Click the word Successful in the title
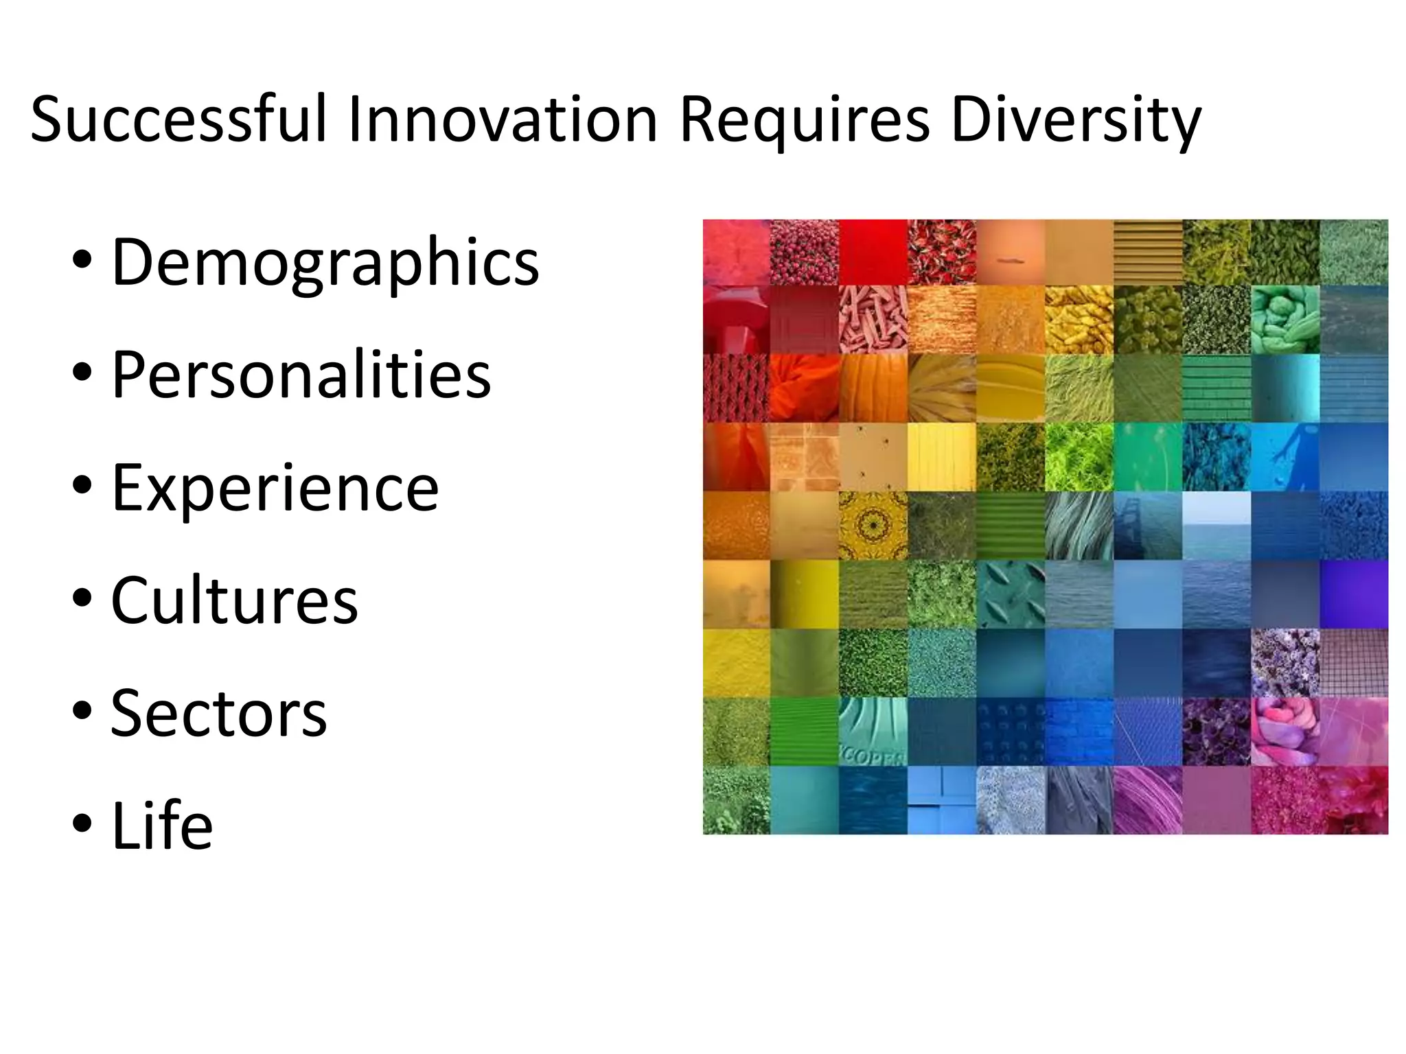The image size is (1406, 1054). pos(178,120)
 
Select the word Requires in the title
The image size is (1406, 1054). pos(804,120)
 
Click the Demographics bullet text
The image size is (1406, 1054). pos(325,263)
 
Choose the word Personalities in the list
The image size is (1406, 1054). pos(301,375)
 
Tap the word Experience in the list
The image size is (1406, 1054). pos(275,488)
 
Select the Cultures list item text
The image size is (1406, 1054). pos(234,600)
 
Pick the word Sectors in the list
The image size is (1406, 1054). pos(218,714)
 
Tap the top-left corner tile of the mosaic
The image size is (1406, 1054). pos(737,253)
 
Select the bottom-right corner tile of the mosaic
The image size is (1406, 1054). pos(1353,800)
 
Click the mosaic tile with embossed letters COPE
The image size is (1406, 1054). pos(873,731)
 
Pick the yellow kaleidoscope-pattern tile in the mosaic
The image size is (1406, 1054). pos(873,526)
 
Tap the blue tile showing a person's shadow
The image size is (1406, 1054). pos(1284,457)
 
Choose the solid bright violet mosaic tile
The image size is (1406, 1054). pos(1353,594)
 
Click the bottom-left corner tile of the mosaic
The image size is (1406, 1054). pos(737,800)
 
